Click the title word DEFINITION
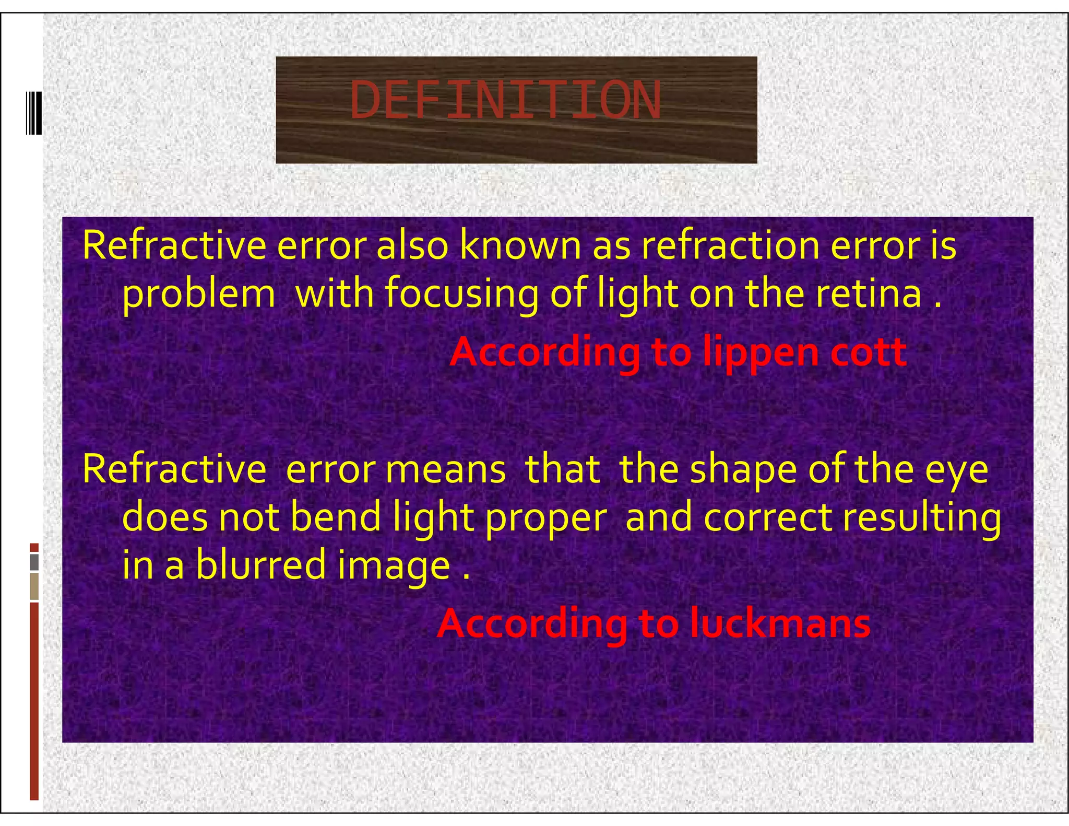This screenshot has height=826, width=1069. pos(505,101)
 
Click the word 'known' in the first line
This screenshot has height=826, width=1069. pos(520,245)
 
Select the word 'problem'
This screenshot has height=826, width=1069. pos(198,294)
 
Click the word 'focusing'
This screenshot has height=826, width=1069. pos(462,294)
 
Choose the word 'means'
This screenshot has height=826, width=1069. pos(445,470)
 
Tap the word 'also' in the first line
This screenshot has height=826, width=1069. pos(412,245)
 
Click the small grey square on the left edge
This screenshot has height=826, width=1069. pos(34,562)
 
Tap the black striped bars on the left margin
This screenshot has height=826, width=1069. pos(34,113)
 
